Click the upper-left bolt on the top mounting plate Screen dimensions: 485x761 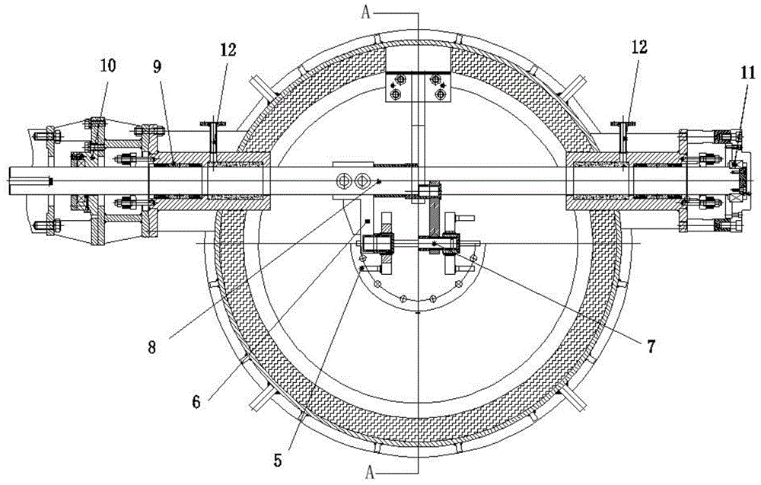(x=396, y=78)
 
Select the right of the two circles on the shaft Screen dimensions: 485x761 (x=361, y=180)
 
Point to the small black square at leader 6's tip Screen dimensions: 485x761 (x=367, y=222)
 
